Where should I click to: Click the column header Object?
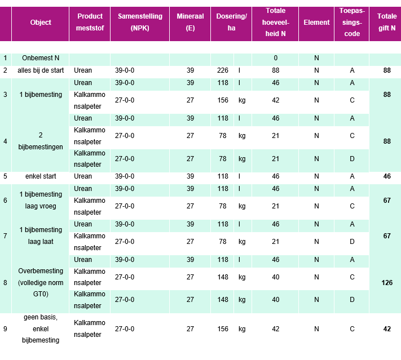point(40,23)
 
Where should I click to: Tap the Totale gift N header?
point(386,23)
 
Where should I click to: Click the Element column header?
point(316,23)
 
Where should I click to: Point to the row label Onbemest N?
point(40,58)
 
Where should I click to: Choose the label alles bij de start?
point(40,70)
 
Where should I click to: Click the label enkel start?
point(40,176)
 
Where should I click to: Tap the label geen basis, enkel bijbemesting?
point(40,329)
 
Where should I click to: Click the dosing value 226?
point(222,70)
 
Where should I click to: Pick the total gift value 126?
point(386,283)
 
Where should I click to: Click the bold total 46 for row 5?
point(386,176)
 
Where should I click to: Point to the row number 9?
point(5,329)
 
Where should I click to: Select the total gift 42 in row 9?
point(386,329)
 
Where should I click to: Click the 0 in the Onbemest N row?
point(275,58)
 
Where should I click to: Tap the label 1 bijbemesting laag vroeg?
point(40,200)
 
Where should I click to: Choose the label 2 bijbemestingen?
point(40,141)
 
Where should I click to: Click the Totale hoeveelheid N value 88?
point(275,70)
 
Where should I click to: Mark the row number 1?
point(5,58)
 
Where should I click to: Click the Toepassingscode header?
point(351,23)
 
